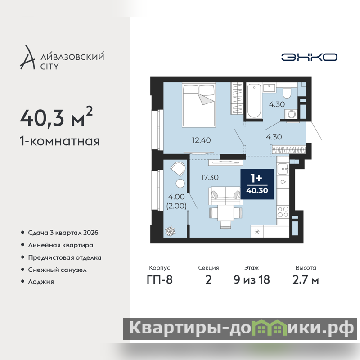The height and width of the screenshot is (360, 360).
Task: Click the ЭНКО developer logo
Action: click(x=309, y=57)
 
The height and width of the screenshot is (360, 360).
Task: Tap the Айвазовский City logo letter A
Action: click(x=27, y=58)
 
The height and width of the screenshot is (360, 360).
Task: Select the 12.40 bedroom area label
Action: click(x=201, y=140)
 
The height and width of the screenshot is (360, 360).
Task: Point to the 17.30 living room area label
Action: click(x=210, y=177)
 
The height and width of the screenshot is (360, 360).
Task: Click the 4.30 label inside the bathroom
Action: click(x=277, y=104)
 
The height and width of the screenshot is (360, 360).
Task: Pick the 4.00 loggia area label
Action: click(x=176, y=197)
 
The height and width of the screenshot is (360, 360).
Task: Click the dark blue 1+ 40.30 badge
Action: click(x=257, y=184)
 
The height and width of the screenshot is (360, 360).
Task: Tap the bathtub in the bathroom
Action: click(x=254, y=101)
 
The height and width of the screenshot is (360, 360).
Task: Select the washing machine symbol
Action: click(x=292, y=114)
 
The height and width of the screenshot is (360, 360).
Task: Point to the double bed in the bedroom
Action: click(x=199, y=105)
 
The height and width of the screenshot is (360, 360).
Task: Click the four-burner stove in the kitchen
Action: click(x=283, y=212)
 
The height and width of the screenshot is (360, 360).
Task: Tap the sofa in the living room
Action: click(x=226, y=196)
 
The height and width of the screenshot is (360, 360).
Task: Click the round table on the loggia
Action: click(x=180, y=184)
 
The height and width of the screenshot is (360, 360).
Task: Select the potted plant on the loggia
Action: click(x=171, y=231)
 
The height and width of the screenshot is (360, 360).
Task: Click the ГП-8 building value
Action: click(x=160, y=280)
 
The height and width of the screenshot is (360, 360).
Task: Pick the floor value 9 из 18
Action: click(x=252, y=280)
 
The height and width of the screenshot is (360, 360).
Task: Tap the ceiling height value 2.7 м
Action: click(x=306, y=280)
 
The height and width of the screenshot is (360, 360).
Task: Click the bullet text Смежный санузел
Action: click(x=58, y=270)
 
